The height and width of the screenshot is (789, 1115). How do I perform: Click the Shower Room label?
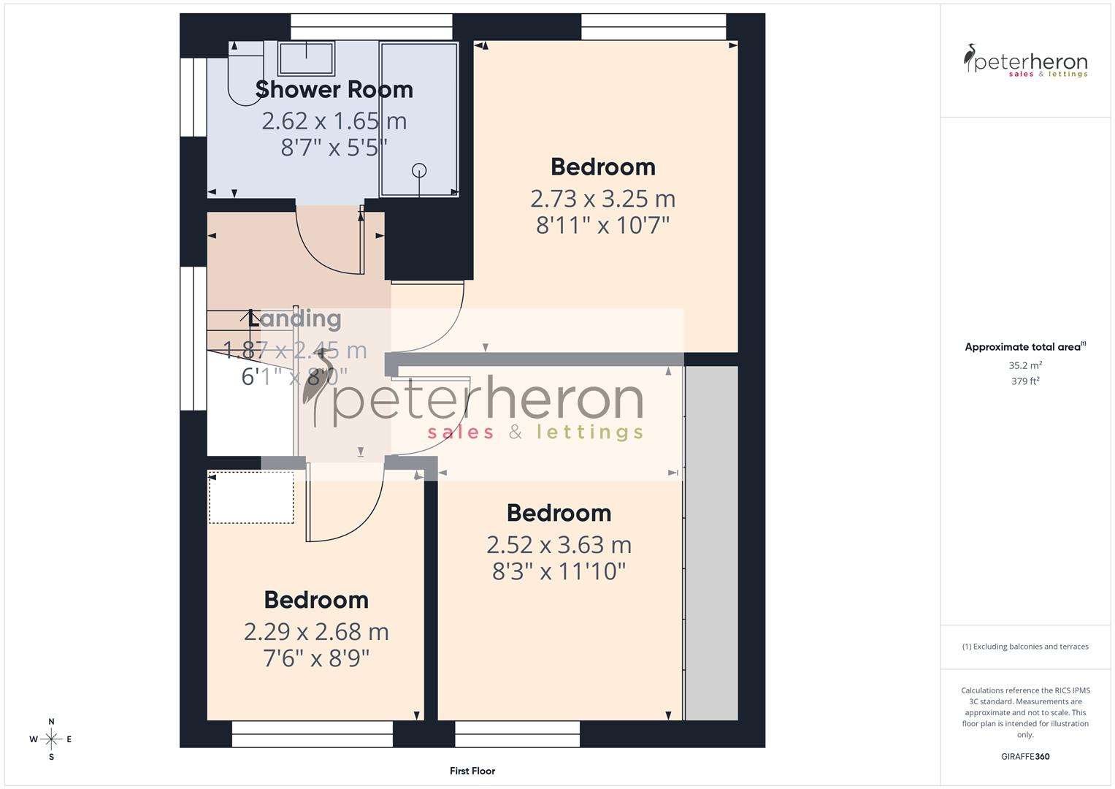click(x=334, y=90)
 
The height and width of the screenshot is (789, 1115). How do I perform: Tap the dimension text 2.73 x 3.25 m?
click(x=602, y=199)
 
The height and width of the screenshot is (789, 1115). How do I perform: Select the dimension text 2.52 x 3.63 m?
click(x=559, y=545)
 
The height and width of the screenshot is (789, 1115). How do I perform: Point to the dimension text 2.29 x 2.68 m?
click(x=316, y=632)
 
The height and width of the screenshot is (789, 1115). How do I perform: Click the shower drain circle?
click(x=419, y=170)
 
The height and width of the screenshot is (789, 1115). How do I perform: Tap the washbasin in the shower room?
click(x=306, y=58)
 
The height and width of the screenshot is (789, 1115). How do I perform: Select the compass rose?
click(x=51, y=739)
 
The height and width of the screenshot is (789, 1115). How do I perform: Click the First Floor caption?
click(x=472, y=771)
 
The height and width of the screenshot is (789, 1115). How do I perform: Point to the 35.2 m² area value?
click(x=1025, y=365)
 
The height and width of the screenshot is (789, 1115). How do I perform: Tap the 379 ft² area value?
click(x=1025, y=381)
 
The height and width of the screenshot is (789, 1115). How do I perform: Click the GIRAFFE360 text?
click(x=1025, y=757)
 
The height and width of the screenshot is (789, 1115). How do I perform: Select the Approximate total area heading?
click(x=1025, y=347)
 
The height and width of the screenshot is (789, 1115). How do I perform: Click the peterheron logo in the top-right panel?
click(x=1025, y=62)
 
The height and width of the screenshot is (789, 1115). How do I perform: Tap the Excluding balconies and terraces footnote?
click(x=1025, y=647)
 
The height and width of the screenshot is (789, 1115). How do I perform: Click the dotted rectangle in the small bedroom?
click(x=251, y=498)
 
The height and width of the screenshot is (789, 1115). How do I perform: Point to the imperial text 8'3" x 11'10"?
click(x=559, y=571)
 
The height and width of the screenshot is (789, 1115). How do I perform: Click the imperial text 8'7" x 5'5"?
click(x=334, y=148)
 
